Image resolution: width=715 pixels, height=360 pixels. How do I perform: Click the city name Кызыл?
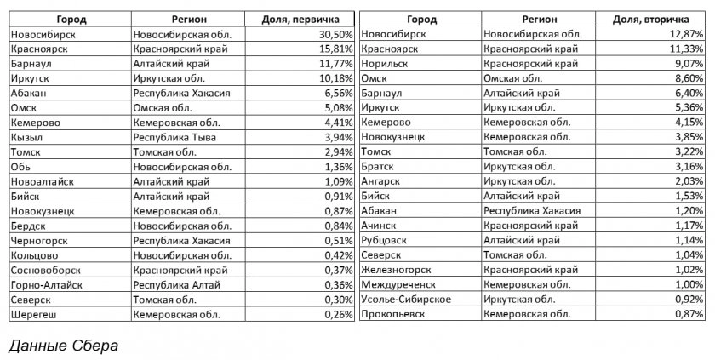click(27, 137)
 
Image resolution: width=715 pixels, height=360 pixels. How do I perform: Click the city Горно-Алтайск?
click(46, 284)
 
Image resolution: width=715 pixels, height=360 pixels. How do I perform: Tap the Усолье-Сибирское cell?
click(405, 300)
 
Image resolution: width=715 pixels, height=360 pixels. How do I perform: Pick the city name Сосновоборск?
click(46, 270)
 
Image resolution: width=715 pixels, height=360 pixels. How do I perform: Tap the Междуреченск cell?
click(398, 284)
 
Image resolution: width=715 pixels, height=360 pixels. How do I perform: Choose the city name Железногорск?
click(397, 270)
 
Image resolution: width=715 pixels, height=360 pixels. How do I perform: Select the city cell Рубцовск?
click(386, 240)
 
